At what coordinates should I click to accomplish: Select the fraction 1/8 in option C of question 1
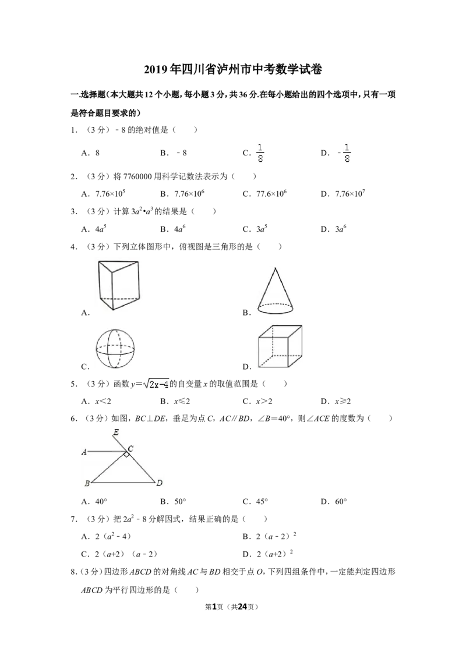point(260,153)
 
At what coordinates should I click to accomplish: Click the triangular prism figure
point(118,285)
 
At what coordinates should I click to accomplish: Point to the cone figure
point(275,290)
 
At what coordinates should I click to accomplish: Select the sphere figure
point(115,349)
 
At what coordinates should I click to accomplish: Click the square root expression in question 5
point(156,384)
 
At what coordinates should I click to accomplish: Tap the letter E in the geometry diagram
point(116,432)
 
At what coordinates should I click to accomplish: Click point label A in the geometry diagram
point(84,452)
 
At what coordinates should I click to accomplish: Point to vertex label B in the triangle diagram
point(87,483)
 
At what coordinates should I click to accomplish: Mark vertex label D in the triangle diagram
point(160,483)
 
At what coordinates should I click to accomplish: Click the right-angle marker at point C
point(126,453)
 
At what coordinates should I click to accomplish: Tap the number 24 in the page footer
point(242,607)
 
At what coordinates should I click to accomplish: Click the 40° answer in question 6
point(101,501)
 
